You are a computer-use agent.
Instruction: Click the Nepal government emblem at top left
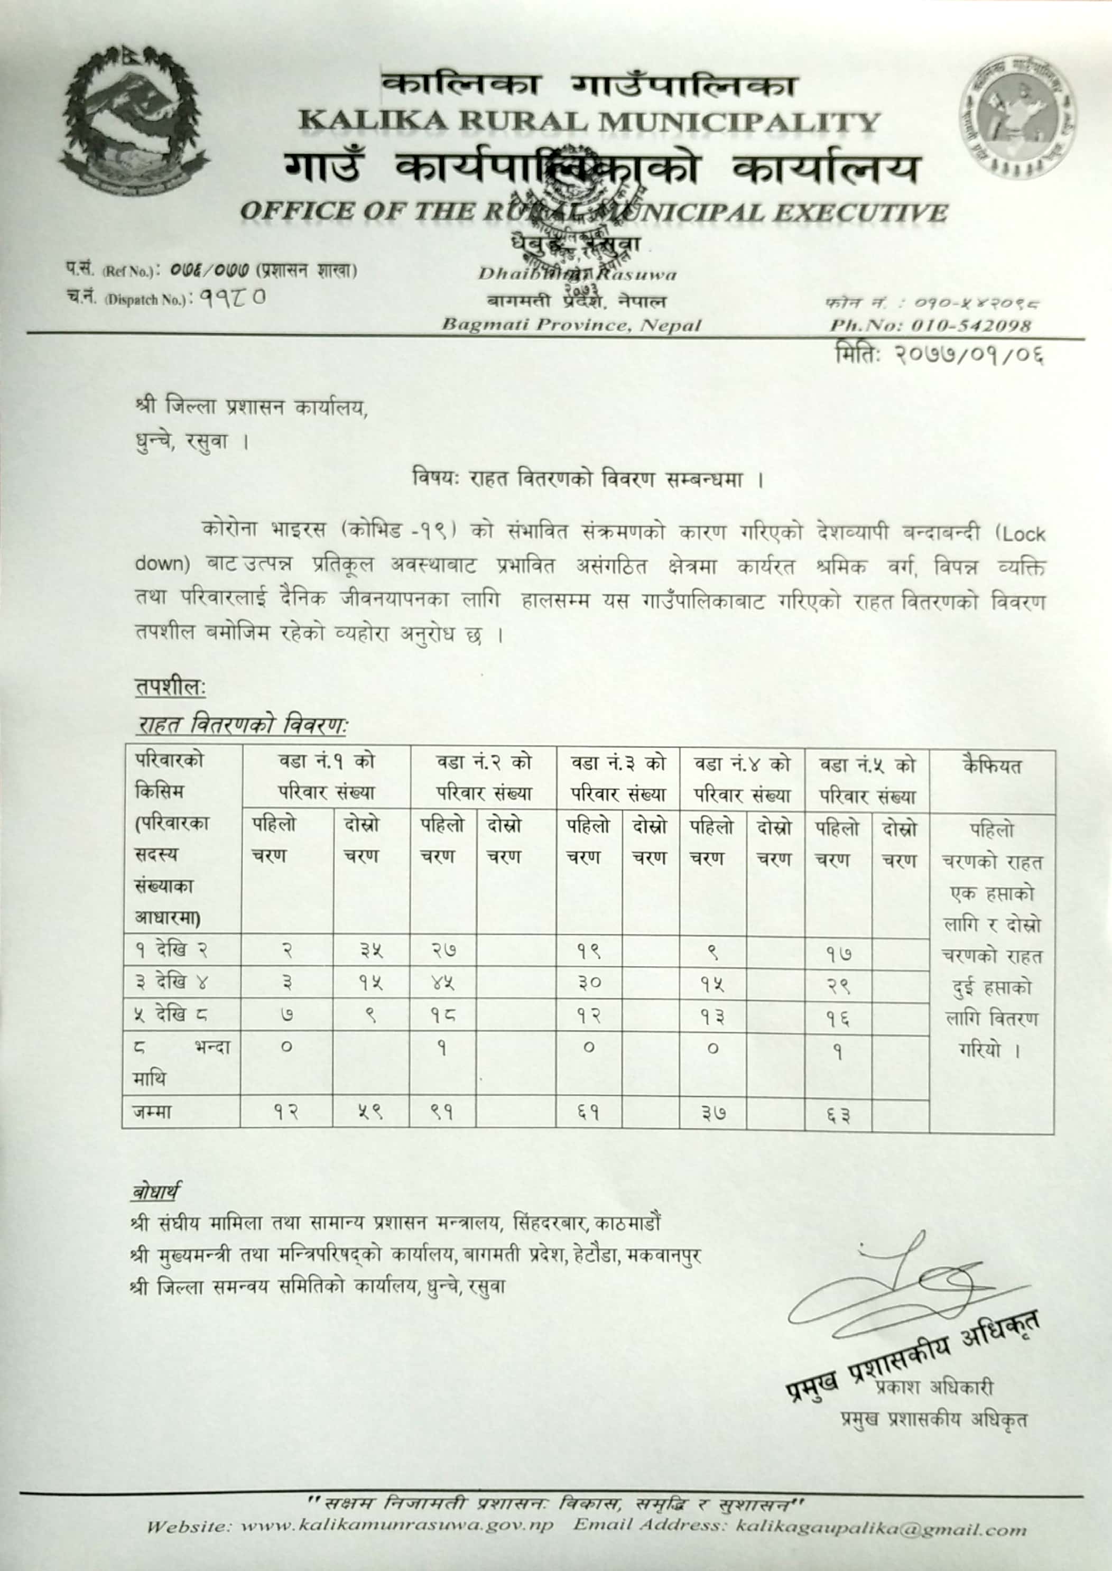tap(134, 122)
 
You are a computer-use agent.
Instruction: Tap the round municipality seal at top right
tap(1022, 114)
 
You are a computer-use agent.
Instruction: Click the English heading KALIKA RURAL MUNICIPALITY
tap(589, 123)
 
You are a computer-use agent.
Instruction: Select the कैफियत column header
tap(991, 765)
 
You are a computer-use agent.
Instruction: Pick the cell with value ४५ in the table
tap(442, 983)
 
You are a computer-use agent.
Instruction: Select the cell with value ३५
tap(370, 950)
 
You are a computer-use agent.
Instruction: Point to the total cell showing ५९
tap(370, 1112)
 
